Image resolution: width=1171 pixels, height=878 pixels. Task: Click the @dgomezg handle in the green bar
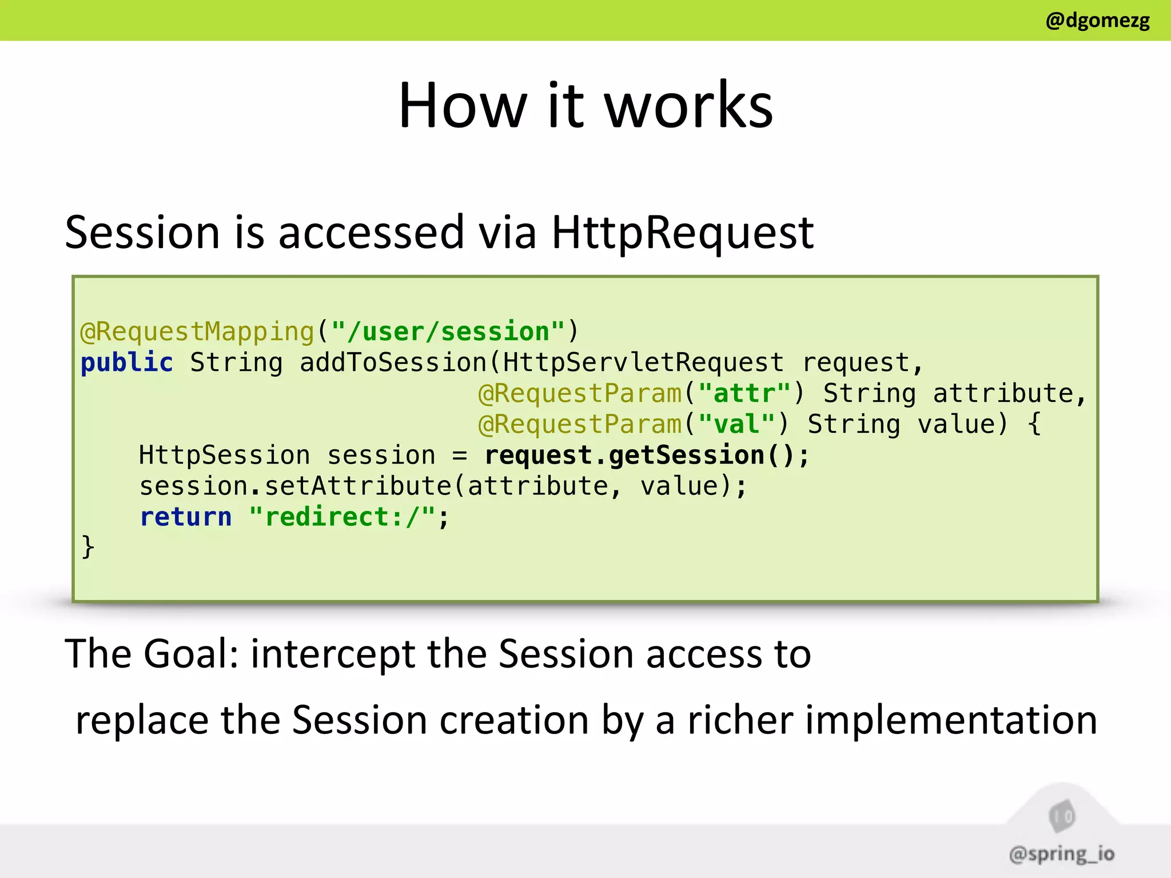pyautogui.click(x=1097, y=21)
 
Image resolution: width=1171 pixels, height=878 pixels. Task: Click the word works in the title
pyautogui.click(x=688, y=106)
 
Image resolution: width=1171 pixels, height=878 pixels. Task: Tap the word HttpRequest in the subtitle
pyautogui.click(x=682, y=233)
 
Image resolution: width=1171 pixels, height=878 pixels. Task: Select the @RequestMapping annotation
pyautogui.click(x=197, y=332)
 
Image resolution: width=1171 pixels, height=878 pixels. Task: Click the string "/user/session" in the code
pyautogui.click(x=448, y=332)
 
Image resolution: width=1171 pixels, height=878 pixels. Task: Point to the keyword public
pyautogui.click(x=126, y=363)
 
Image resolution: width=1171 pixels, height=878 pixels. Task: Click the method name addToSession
pyautogui.click(x=393, y=363)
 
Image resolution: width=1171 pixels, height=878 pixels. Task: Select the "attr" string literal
pyautogui.click(x=744, y=394)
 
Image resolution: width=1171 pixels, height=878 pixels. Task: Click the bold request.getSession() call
pyautogui.click(x=646, y=456)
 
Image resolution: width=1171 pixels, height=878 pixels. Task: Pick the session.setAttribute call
pyautogui.click(x=296, y=486)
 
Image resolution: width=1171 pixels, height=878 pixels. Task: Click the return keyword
pyautogui.click(x=186, y=517)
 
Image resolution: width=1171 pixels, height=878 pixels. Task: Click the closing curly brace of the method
pyautogui.click(x=87, y=547)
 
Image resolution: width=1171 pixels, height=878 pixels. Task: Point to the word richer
pyautogui.click(x=740, y=720)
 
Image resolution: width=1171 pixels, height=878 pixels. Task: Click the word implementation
pyautogui.click(x=951, y=720)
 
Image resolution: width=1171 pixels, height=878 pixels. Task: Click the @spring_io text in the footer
pyautogui.click(x=1061, y=854)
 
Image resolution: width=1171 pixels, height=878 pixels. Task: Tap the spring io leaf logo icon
pyautogui.click(x=1062, y=816)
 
